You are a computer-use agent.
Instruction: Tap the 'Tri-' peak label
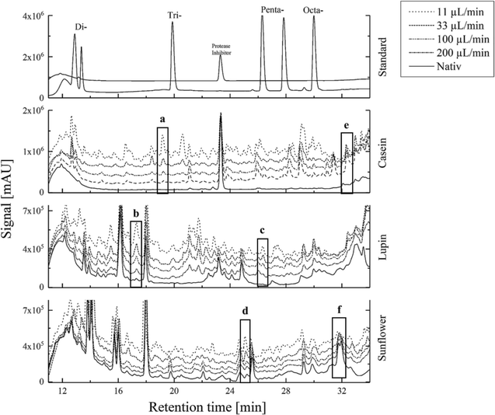pyautogui.click(x=175, y=15)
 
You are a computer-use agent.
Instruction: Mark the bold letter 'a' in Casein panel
pyautogui.click(x=162, y=120)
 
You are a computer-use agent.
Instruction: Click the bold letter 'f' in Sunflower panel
pyautogui.click(x=340, y=309)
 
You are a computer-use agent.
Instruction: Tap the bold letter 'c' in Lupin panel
pyautogui.click(x=263, y=231)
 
